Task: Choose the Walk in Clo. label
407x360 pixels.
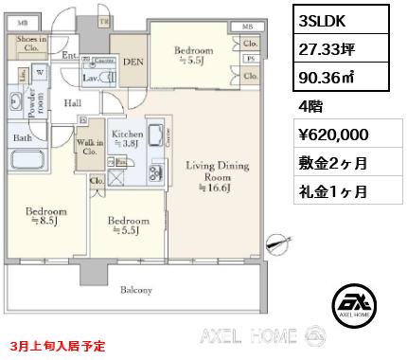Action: tap(90, 148)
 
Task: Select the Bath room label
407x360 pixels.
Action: tap(20, 138)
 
